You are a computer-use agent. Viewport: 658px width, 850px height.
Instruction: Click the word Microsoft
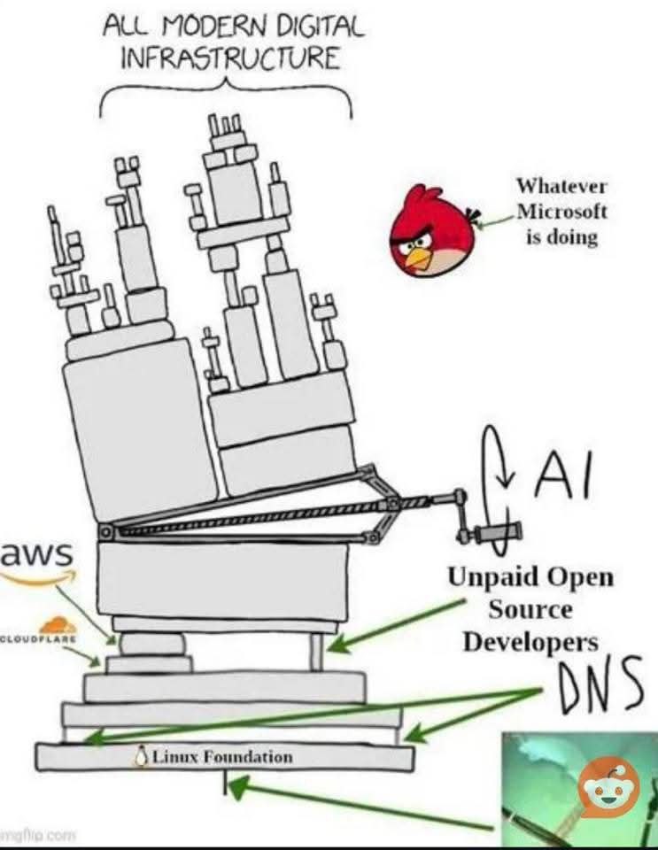click(x=561, y=212)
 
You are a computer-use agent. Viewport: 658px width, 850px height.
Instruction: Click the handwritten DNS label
click(x=598, y=688)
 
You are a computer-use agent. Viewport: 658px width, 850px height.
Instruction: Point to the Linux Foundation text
click(x=221, y=757)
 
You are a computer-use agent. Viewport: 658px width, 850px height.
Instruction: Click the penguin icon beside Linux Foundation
click(x=139, y=757)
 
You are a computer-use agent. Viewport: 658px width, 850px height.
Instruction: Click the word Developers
click(x=530, y=641)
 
